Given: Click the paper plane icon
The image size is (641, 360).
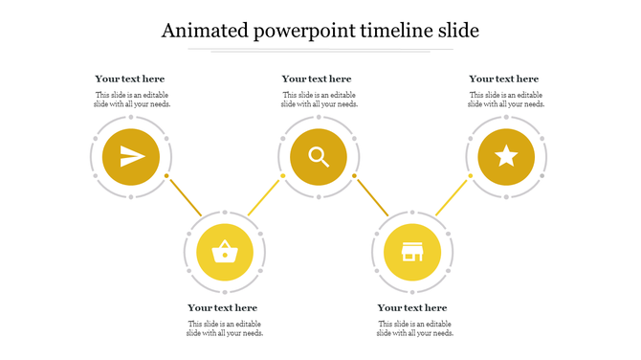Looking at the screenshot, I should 131,157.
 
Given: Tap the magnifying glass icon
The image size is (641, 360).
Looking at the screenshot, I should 319,157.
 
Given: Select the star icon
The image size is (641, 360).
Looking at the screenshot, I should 506,157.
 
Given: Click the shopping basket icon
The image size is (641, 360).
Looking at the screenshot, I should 225,252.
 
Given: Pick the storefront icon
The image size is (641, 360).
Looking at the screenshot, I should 412,252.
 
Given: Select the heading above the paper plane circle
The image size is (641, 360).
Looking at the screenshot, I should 130,79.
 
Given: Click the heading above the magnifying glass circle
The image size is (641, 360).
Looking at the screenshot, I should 317,79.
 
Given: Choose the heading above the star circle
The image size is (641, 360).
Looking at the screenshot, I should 504,79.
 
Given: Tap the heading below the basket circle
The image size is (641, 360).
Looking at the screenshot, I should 223,307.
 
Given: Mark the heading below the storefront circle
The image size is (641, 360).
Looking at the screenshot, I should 412,307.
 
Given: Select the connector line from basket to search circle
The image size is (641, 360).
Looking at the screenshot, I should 263,197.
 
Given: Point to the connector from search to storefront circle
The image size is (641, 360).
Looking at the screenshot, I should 372,196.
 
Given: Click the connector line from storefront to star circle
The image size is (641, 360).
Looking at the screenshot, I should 451,197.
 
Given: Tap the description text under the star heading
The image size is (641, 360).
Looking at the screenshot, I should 506,100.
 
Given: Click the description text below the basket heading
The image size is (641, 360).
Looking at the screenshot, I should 225,328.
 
